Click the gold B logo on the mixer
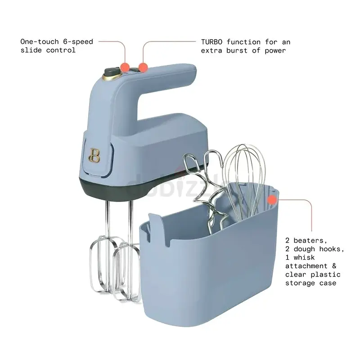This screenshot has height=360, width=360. pos(94,156)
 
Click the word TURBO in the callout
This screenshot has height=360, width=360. pos(211,42)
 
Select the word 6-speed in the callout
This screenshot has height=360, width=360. pos(78,41)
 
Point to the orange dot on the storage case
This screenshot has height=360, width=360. pos(272,200)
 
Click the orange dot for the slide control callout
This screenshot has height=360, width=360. pos(125,67)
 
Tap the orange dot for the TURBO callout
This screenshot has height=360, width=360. pos(143,67)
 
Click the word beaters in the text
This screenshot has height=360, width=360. pos(310,241)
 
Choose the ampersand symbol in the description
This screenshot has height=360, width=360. pos(334,266)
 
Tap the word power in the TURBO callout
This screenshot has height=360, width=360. pos(275,51)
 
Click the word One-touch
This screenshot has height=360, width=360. pos(40,41)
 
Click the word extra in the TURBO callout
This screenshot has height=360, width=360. pos(211,51)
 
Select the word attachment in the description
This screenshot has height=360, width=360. pos(306,266)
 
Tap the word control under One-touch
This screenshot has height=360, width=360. pos(61,50)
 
